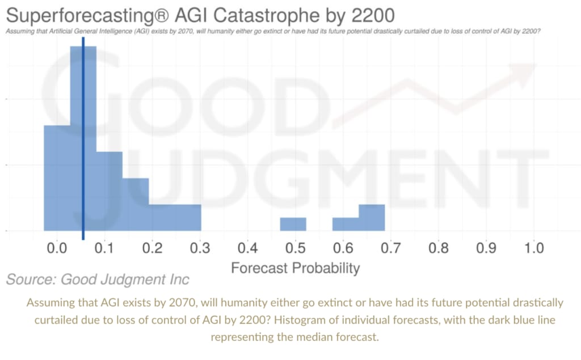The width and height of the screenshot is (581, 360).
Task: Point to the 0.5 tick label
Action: pos(295,248)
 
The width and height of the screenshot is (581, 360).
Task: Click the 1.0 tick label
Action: pos(534,248)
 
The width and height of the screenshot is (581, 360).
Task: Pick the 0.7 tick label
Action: pos(391,248)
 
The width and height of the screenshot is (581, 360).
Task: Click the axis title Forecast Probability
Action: pos(295,267)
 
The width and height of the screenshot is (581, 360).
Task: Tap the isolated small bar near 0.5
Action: pos(293,225)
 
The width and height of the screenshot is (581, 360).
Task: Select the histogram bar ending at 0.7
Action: pos(372,218)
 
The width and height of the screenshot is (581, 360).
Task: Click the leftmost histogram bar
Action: pos(57,178)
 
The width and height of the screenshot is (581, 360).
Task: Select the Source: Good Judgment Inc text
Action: pos(98,279)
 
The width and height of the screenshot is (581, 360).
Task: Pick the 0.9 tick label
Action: pos(486,248)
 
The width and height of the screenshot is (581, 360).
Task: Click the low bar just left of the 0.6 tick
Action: pos(346,225)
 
